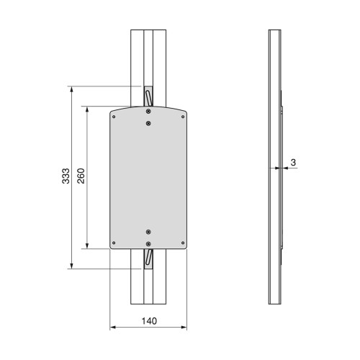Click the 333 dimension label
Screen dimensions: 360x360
click(x=66, y=176)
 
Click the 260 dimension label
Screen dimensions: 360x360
click(x=81, y=176)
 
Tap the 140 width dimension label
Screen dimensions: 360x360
click(x=149, y=321)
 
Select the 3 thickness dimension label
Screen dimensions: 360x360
click(x=293, y=163)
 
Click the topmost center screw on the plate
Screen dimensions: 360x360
click(x=148, y=111)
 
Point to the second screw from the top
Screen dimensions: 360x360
click(x=148, y=123)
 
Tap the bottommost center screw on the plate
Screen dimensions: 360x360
click(x=148, y=244)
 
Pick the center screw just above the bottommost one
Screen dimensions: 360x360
click(x=148, y=232)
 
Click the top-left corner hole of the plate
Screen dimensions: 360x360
click(x=114, y=117)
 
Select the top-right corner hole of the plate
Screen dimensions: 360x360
click(x=183, y=117)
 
